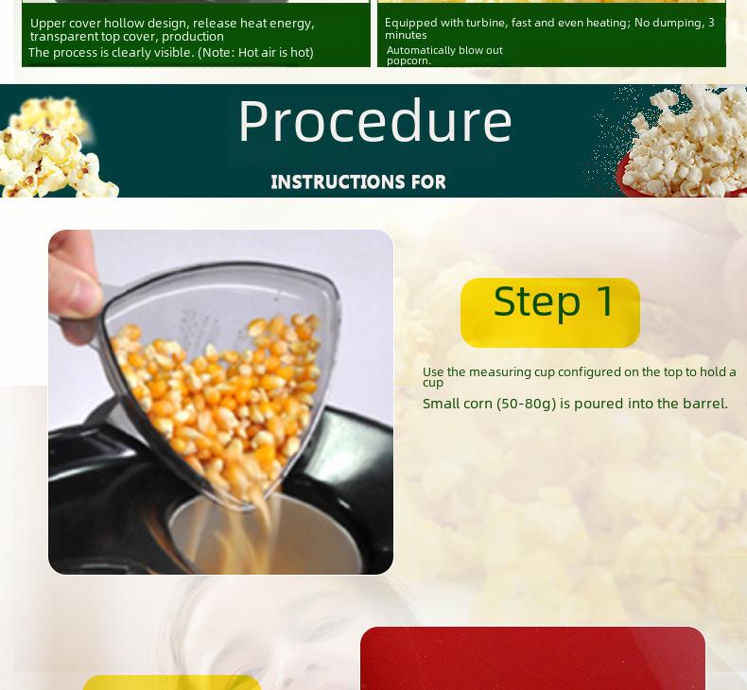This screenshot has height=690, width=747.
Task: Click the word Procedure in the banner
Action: click(x=374, y=122)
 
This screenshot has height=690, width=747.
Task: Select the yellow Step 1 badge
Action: click(x=549, y=312)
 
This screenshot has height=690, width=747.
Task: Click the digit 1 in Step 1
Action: click(x=605, y=302)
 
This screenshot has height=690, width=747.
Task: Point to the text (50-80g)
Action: click(x=526, y=404)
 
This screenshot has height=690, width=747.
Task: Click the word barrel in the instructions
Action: click(x=704, y=404)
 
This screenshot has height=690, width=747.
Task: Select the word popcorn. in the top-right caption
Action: click(x=408, y=60)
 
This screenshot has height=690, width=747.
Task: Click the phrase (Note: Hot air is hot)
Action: click(x=255, y=53)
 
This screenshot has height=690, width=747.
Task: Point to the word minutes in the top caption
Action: click(x=406, y=35)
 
